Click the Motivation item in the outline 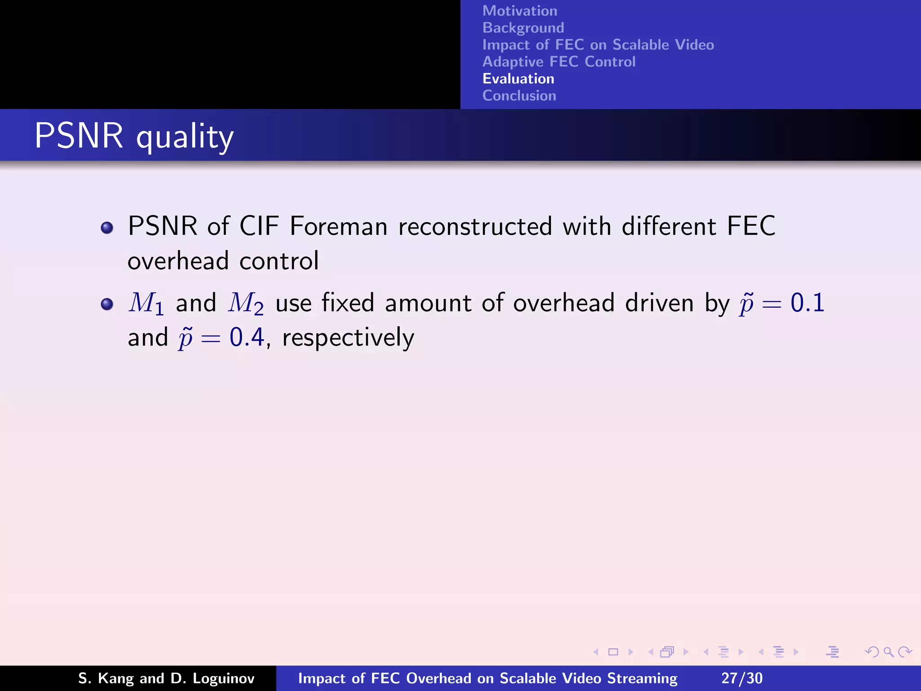pyautogui.click(x=519, y=11)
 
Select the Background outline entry pyautogui.click(x=523, y=28)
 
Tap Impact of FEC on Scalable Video pyautogui.click(x=598, y=45)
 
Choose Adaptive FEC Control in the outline pyautogui.click(x=559, y=62)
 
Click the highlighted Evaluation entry pyautogui.click(x=518, y=79)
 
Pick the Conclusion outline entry pyautogui.click(x=519, y=96)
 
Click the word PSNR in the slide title pyautogui.click(x=79, y=135)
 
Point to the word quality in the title pyautogui.click(x=185, y=137)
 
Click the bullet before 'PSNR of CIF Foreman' pyautogui.click(x=107, y=228)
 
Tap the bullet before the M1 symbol pyautogui.click(x=107, y=304)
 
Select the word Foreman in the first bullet pyautogui.click(x=338, y=226)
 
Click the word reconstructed pyautogui.click(x=475, y=226)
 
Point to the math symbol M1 pyautogui.click(x=146, y=303)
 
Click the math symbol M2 pyautogui.click(x=246, y=303)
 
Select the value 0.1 pyautogui.click(x=807, y=302)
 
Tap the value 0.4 pyautogui.click(x=246, y=337)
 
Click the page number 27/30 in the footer pyautogui.click(x=742, y=678)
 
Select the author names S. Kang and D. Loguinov pyautogui.click(x=166, y=678)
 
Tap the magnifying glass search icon pyautogui.click(x=888, y=652)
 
